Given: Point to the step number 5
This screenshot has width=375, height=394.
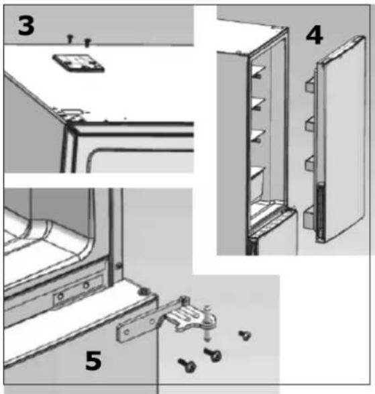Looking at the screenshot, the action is coord(93,360).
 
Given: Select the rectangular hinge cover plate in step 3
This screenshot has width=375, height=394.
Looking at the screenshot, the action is coord(78,63).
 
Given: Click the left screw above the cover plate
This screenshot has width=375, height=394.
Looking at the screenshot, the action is coord(70,38).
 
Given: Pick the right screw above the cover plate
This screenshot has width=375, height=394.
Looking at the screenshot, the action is coord(87,42).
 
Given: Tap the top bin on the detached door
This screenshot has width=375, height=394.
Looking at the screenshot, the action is coord(311,84).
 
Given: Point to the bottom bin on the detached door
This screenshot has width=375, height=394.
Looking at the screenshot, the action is coord(309,217).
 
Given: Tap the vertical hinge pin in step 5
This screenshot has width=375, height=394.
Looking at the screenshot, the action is coord(207,323).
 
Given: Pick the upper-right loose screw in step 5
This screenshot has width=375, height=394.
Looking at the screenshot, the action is coord(244,335).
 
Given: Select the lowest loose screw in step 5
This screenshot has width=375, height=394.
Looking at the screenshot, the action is coord(187,365).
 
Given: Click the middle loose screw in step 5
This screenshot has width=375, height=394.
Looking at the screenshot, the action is coord(213,354).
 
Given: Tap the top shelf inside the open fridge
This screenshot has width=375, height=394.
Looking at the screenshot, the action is coord(259,70).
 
